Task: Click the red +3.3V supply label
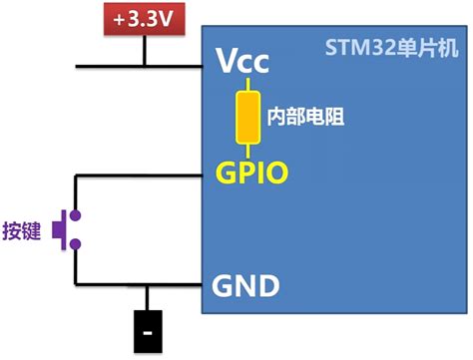146,18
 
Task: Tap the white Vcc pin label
243,62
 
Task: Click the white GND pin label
245,287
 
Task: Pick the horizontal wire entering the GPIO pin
140,177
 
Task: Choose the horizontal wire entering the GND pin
140,287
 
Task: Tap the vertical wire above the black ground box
149,299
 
